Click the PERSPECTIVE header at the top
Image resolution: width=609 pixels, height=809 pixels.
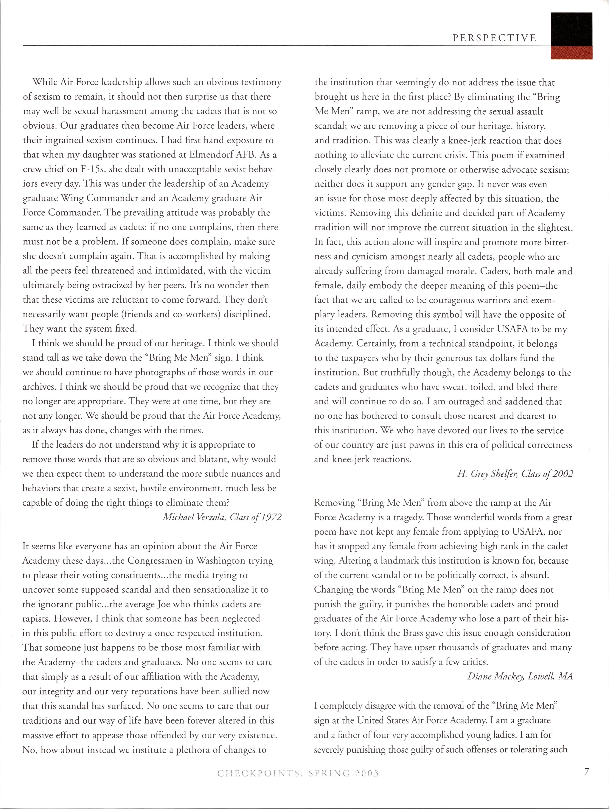tap(494, 38)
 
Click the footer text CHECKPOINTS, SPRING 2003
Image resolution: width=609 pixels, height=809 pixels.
tap(298, 774)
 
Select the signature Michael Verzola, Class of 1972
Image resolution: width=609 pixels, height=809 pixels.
tap(222, 517)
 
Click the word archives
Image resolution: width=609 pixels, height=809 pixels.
tap(39, 387)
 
